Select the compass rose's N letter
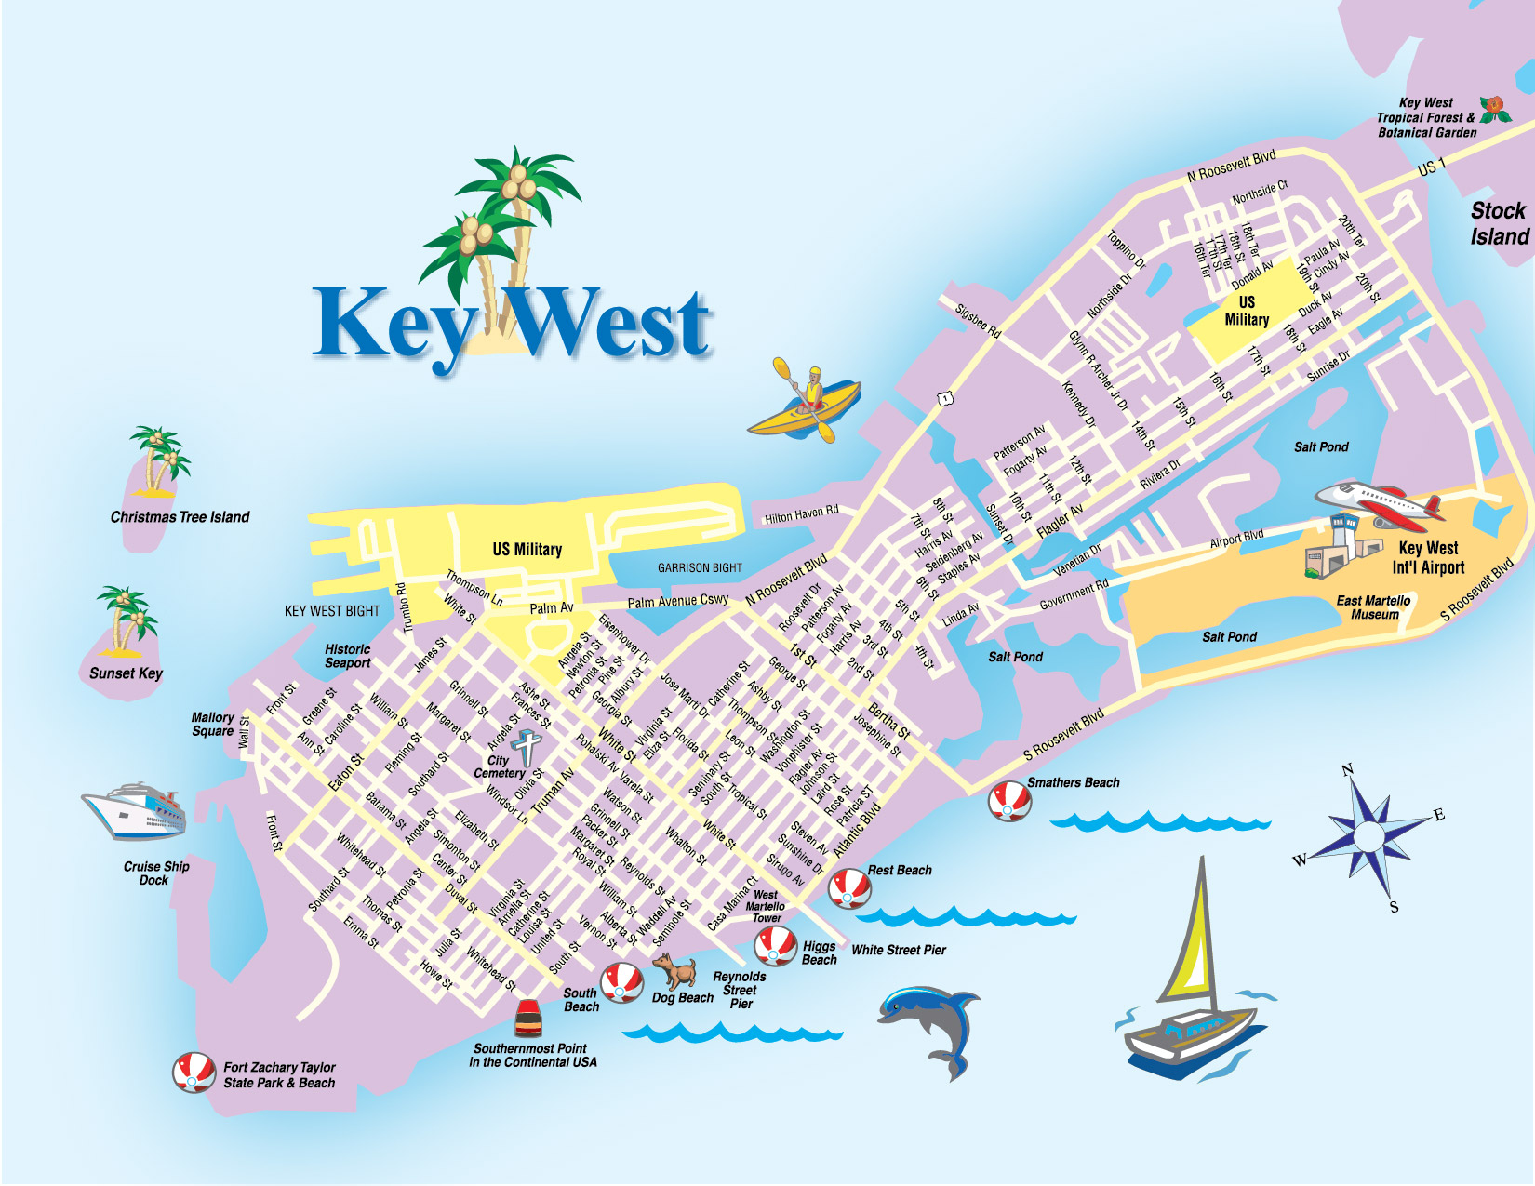coord(1347,769)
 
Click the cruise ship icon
coord(136,810)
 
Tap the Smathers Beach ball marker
coord(1009,801)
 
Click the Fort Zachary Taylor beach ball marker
coord(194,1073)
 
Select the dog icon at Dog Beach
coord(676,971)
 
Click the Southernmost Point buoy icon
coord(528,1019)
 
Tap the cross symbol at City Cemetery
coord(527,748)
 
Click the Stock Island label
coord(1499,223)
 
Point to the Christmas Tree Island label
coord(180,517)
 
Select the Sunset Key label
coord(126,673)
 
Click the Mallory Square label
coord(212,724)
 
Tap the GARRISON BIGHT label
coord(700,567)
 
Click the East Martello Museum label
coord(1374,607)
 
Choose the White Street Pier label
coord(898,950)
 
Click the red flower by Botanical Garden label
coord(1495,109)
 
